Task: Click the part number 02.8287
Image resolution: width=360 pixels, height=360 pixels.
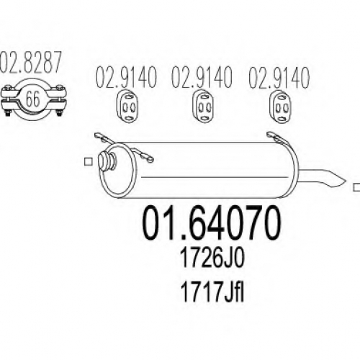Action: pyautogui.click(x=31, y=62)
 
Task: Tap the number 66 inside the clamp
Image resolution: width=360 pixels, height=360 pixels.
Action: pyautogui.click(x=32, y=99)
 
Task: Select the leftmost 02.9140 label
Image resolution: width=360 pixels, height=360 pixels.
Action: pyautogui.click(x=126, y=78)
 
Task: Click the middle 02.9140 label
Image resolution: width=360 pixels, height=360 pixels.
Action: pyautogui.click(x=202, y=78)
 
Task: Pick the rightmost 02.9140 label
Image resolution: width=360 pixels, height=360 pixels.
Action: pyautogui.click(x=279, y=78)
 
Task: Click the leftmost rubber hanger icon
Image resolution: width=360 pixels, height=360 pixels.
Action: pyautogui.click(x=127, y=107)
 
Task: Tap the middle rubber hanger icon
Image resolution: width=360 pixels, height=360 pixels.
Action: pyautogui.click(x=203, y=107)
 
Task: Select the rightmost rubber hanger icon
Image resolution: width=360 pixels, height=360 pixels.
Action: pyautogui.click(x=280, y=107)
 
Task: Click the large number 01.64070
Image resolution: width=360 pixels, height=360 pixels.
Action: pyautogui.click(x=212, y=222)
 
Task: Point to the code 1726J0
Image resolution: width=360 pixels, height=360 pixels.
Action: pyautogui.click(x=212, y=258)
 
